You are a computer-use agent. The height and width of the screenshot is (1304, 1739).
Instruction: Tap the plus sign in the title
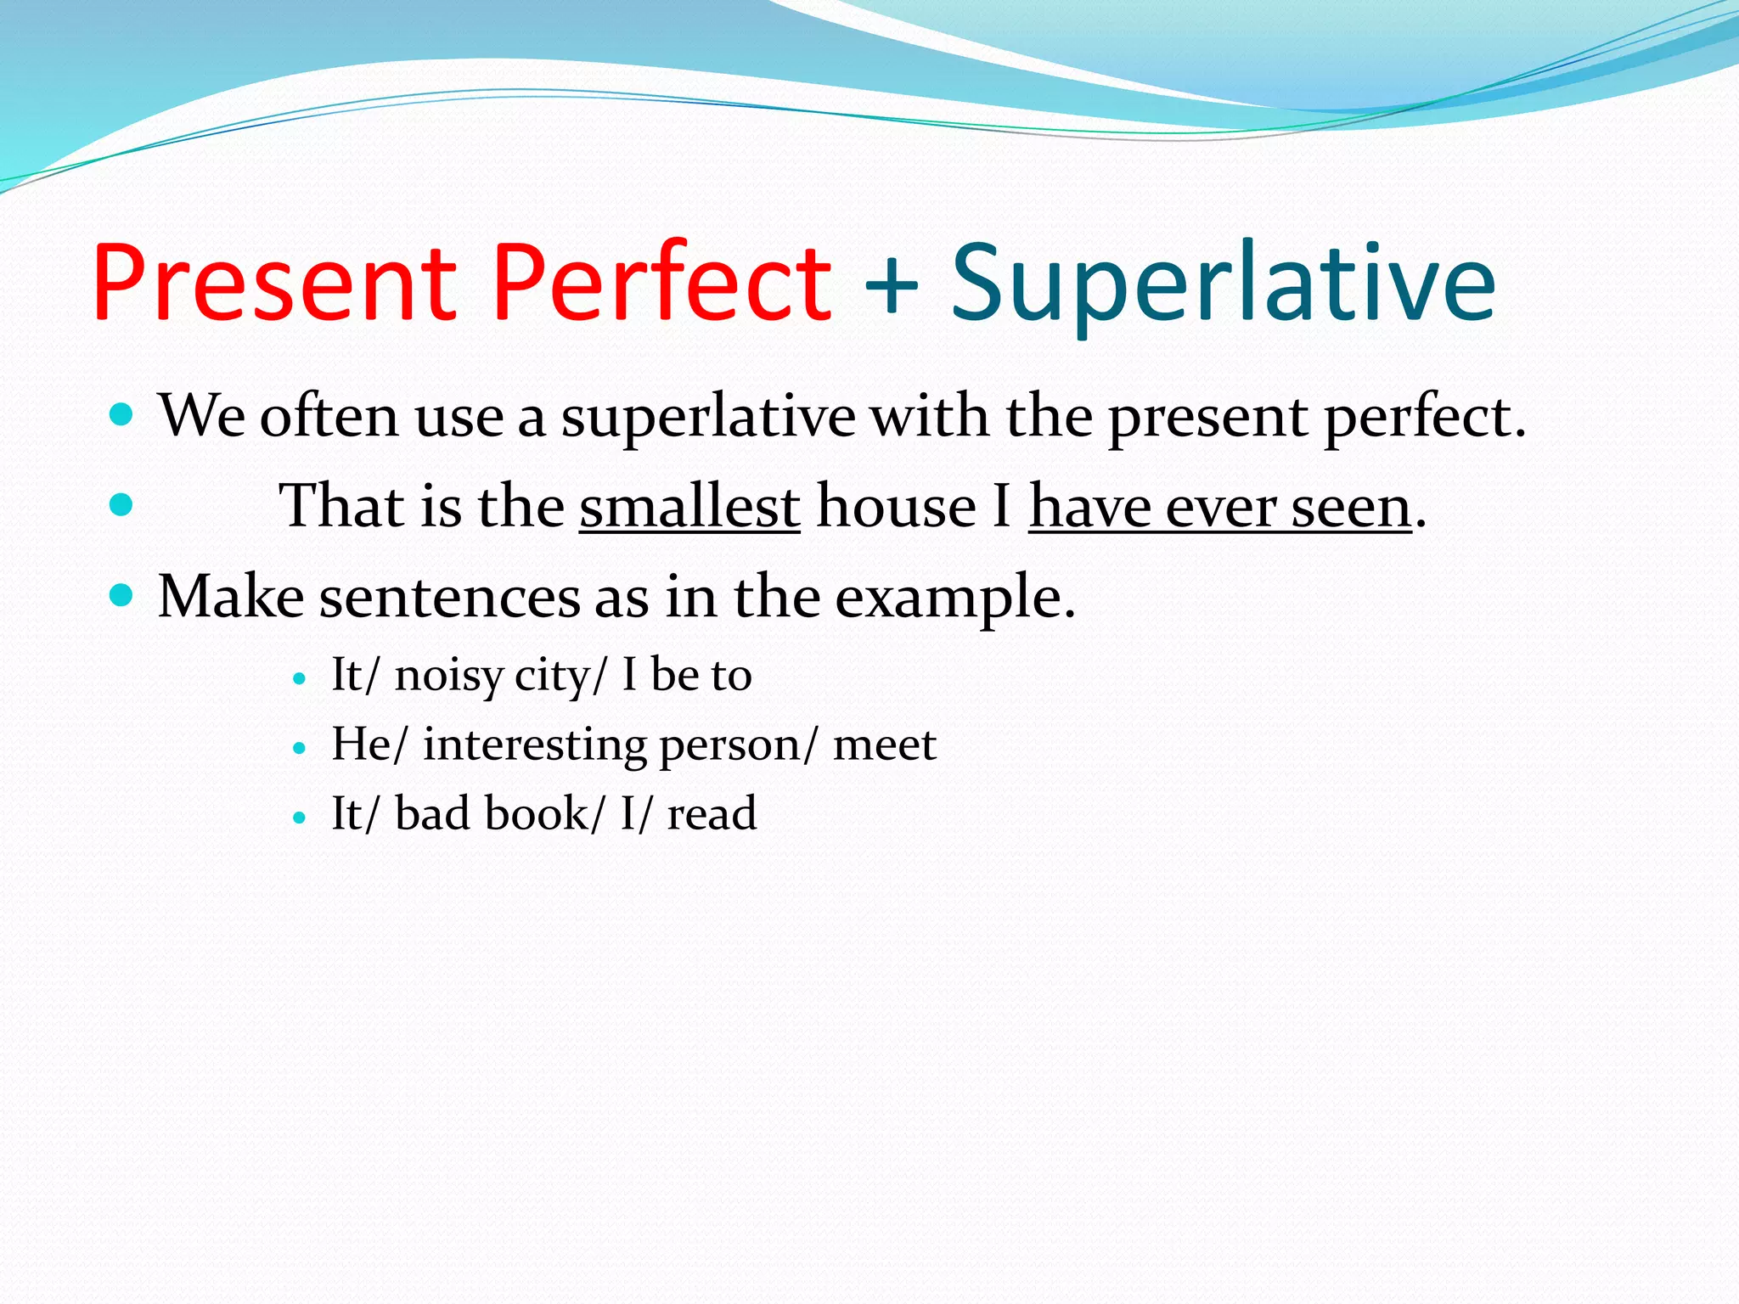tap(891, 284)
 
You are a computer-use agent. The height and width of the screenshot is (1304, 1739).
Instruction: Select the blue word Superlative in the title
tap(1223, 284)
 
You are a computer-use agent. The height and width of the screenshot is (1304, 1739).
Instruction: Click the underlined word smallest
tap(689, 507)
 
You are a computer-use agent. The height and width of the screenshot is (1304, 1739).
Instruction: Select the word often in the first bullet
tap(329, 417)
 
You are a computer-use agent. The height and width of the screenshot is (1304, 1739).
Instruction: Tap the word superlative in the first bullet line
tap(708, 419)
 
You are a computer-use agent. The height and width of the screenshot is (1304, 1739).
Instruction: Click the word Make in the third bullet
tap(231, 597)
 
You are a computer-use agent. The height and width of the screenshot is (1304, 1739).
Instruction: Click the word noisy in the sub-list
tap(449, 677)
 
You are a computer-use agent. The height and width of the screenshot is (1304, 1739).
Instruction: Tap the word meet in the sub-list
tap(884, 745)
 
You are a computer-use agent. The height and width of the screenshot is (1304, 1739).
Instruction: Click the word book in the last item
tap(537, 813)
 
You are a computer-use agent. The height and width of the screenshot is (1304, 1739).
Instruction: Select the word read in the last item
tap(712, 813)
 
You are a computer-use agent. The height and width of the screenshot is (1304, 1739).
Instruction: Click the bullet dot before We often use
tap(122, 415)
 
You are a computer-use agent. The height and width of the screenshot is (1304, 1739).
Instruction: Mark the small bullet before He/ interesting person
tap(298, 749)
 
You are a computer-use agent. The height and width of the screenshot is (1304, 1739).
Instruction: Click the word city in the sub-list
tap(554, 677)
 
